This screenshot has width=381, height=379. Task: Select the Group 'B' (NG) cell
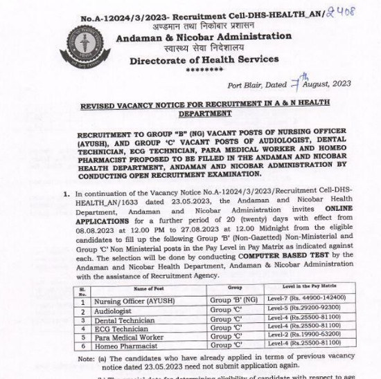point(233,301)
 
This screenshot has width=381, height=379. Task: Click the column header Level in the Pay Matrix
point(310,286)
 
